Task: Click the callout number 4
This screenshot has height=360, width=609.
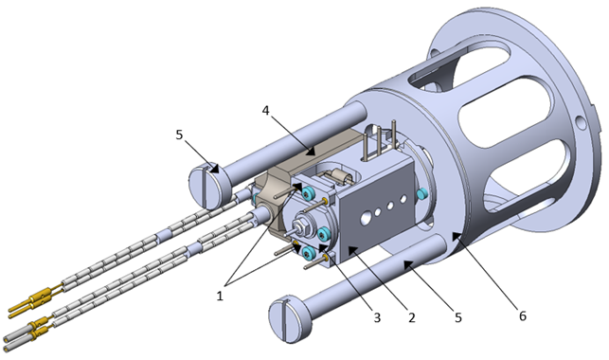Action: pos(265,111)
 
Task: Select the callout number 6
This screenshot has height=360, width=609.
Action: pos(523,316)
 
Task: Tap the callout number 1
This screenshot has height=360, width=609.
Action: pos(220,297)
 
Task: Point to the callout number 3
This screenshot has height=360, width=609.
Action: pos(377,317)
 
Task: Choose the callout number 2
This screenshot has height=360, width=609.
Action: pos(412,317)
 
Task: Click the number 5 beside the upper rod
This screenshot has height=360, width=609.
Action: pos(179,135)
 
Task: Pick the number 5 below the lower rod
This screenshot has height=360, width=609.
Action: pos(458,317)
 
